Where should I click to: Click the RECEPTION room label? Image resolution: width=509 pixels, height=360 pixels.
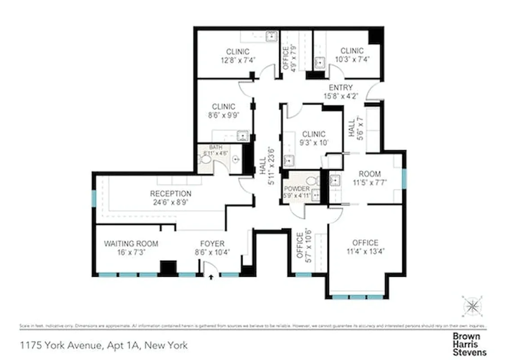click(x=170, y=193)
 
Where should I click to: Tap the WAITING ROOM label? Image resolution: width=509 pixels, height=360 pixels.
click(x=131, y=243)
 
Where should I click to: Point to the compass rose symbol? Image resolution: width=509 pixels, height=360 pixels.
click(x=472, y=306)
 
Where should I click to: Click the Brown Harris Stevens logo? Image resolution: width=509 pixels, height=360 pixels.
click(x=469, y=344)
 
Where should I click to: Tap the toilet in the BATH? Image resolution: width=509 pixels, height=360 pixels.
click(x=206, y=159)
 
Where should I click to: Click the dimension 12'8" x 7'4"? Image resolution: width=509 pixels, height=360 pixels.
click(x=237, y=60)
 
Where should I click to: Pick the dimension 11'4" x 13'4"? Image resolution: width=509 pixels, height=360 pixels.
click(x=365, y=252)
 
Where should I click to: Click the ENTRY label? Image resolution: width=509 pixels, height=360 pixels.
click(x=340, y=87)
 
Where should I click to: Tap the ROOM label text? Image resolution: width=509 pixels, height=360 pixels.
click(x=370, y=174)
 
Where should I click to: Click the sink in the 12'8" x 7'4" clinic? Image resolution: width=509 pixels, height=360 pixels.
click(x=272, y=36)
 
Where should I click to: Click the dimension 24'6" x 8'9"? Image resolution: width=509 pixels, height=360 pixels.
click(x=170, y=202)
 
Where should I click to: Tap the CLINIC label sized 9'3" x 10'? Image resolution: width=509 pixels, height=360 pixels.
click(x=313, y=134)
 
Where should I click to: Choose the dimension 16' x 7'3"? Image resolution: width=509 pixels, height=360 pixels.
click(x=131, y=252)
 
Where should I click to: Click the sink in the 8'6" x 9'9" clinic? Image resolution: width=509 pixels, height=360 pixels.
click(x=242, y=135)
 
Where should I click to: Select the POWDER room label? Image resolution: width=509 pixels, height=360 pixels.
click(x=297, y=189)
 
